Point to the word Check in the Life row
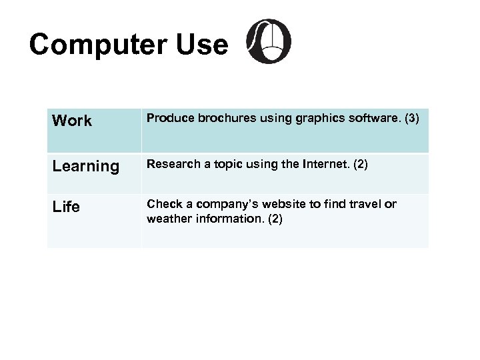(162, 203)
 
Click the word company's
(222, 203)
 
